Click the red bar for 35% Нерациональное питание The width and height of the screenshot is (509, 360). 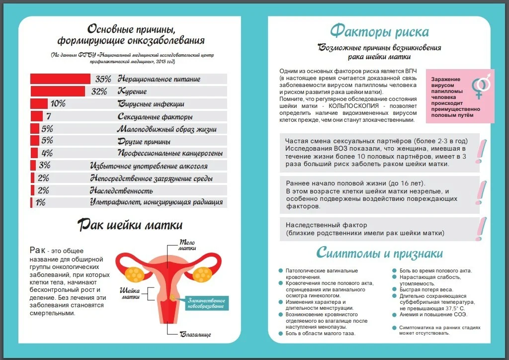pos(60,79)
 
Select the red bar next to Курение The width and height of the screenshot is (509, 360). pos(58,91)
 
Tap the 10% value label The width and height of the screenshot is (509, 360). pos(58,104)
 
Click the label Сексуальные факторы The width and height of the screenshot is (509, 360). pos(155,117)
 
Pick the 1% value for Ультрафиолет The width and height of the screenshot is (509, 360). pos(40,202)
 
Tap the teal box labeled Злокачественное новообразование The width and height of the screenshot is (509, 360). pos(206,303)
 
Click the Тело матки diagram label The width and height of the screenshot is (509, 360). pos(187,245)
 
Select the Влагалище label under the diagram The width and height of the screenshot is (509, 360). pos(195,334)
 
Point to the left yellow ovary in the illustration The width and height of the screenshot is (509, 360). pos(133,273)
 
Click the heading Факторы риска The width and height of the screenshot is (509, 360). pos(379,32)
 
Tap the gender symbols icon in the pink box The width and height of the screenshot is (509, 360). pos(480,86)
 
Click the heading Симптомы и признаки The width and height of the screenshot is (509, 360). pos(379,253)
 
